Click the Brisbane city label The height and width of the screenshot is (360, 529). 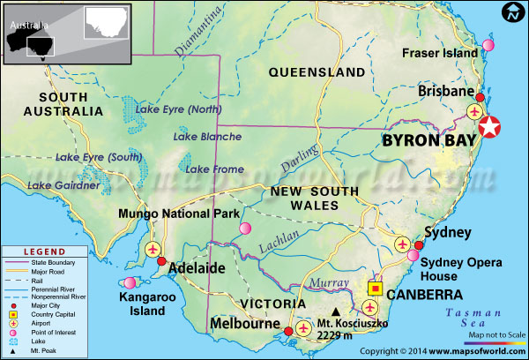447,91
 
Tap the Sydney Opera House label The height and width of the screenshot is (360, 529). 460,269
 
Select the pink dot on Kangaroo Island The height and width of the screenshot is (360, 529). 131,283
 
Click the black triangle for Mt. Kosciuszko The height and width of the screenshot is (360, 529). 335,311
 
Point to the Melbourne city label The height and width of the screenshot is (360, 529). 244,324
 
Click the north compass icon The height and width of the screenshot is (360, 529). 512,13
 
